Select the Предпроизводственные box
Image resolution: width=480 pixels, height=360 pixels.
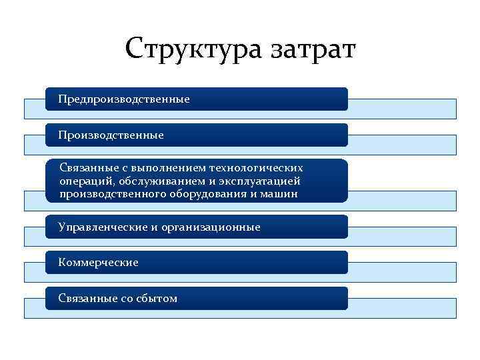click(197, 99)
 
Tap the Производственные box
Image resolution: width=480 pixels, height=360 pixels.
click(197, 135)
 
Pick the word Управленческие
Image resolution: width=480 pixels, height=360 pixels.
click(103, 227)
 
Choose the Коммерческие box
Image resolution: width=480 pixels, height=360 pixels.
click(197, 263)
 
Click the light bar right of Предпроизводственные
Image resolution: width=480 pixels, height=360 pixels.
click(402, 109)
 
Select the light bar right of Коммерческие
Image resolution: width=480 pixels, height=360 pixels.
click(402, 272)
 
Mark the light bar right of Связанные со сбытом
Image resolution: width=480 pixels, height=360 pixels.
click(402, 308)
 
